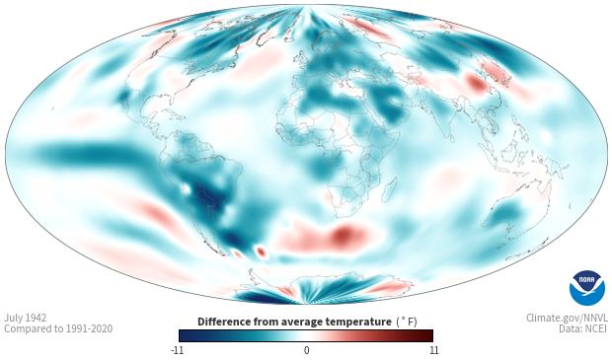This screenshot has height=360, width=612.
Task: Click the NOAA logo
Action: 587,288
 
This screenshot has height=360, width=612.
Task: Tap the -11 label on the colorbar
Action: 177,350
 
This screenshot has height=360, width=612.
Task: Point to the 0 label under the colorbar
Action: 306,350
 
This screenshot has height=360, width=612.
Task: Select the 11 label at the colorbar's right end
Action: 434,350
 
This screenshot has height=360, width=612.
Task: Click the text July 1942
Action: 26,318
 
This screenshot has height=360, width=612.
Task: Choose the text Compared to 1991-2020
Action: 58,328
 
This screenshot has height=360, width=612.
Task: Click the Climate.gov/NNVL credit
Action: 568,318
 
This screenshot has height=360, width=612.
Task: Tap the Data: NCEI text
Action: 583,328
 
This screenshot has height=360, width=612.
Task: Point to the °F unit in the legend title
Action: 407,322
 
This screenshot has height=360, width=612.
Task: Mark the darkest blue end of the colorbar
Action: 183,335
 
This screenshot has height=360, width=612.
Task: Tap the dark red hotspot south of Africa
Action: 345,235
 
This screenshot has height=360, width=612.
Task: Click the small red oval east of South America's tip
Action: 262,252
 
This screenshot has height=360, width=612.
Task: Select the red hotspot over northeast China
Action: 476,84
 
